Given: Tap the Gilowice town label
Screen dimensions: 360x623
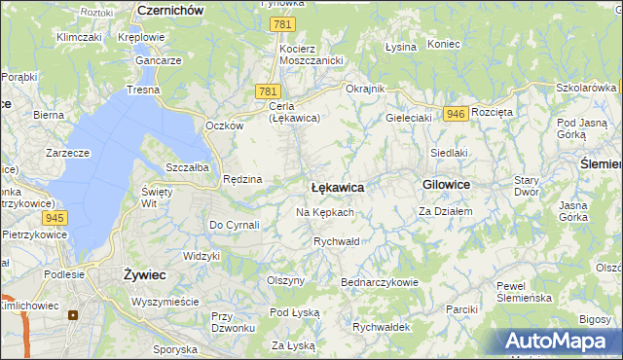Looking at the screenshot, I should click(x=447, y=184).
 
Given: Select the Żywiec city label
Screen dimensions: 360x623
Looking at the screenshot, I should click(x=144, y=275).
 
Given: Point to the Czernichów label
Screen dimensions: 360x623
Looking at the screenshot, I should click(x=170, y=9).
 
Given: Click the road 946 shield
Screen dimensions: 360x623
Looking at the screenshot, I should click(x=455, y=114).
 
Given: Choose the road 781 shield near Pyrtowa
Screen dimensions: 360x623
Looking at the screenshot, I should click(x=283, y=24).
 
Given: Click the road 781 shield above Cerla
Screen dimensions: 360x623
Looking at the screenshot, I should click(x=269, y=90).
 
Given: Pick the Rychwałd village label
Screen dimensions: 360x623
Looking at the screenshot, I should click(x=337, y=241).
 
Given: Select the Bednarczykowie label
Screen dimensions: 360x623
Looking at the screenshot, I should click(x=379, y=282).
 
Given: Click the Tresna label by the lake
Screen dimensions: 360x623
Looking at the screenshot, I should click(x=143, y=90).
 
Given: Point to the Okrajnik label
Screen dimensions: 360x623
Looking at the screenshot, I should click(x=366, y=89).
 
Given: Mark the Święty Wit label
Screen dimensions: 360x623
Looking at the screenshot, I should click(x=157, y=198).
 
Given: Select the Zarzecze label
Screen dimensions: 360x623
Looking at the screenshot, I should click(x=67, y=153).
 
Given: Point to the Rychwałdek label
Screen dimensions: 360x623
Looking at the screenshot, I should click(x=381, y=327).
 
